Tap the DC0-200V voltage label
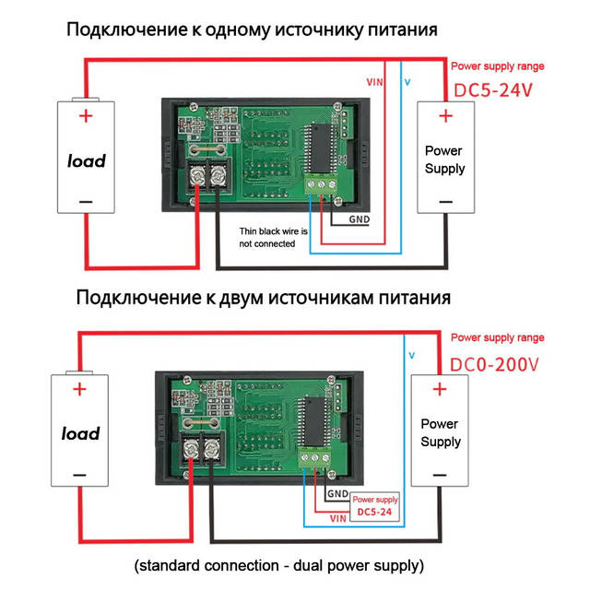point(494,364)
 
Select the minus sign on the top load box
point(86,201)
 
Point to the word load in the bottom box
point(80,433)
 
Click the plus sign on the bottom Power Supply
point(440,389)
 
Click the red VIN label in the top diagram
point(375,82)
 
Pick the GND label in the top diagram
point(359,219)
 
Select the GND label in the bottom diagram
point(337,493)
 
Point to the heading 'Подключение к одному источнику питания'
point(251,29)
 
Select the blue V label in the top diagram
point(408,82)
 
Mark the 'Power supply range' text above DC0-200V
point(497,338)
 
